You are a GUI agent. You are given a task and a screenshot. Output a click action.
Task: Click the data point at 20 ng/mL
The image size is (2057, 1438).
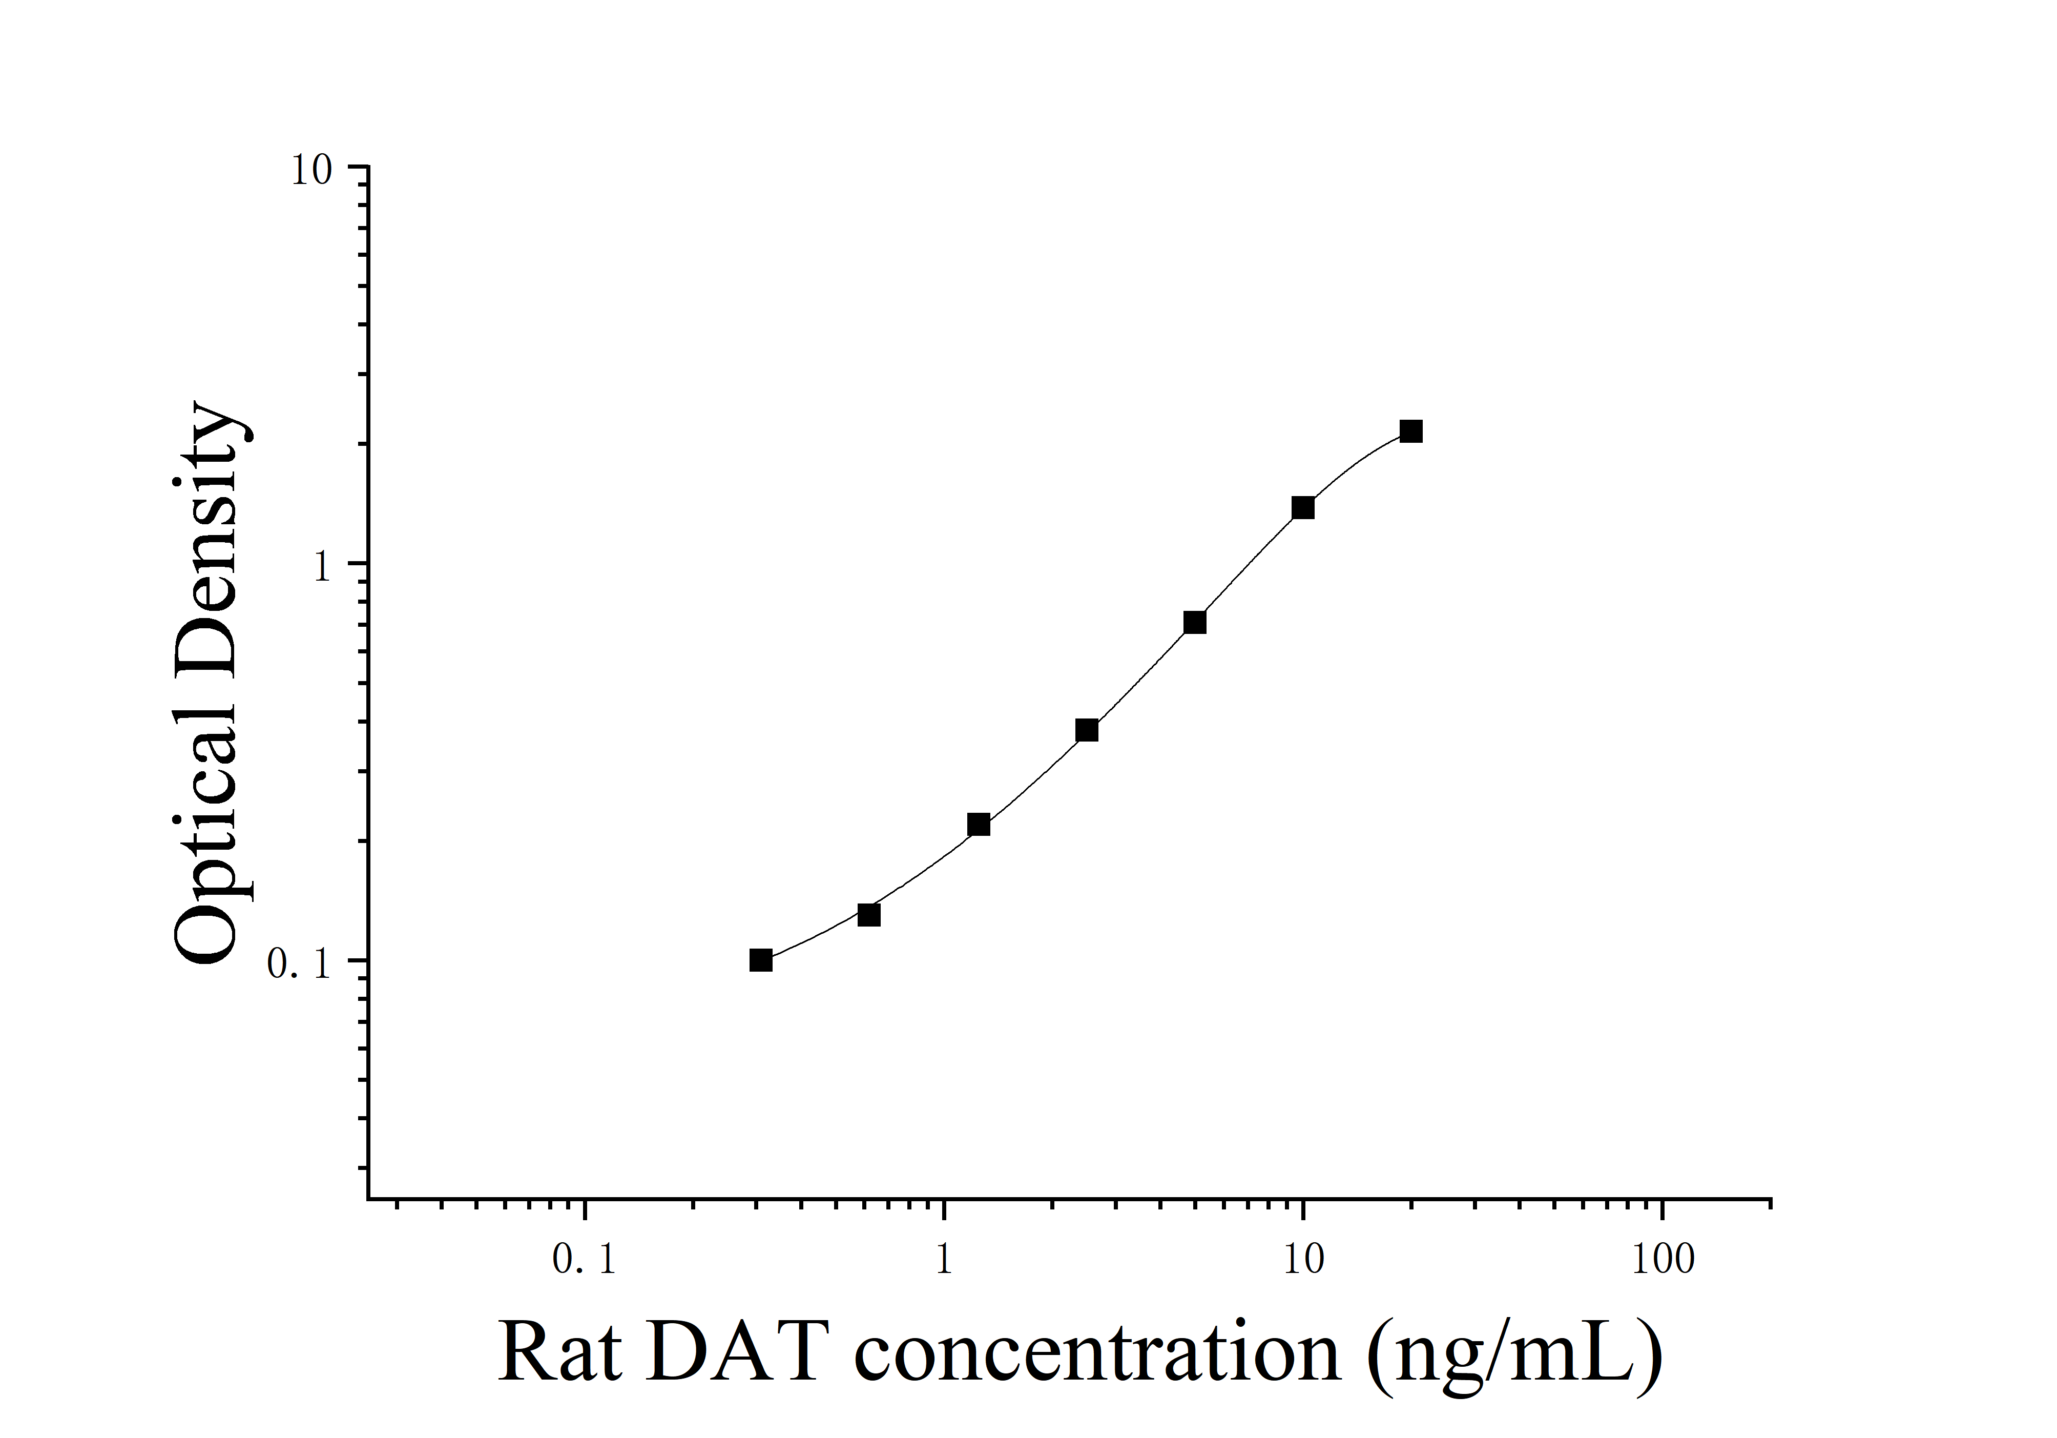(1411, 432)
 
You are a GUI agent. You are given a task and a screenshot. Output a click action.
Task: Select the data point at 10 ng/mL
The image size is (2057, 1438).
(1303, 508)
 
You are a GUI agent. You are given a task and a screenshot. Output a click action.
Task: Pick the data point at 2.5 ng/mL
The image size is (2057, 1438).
(1087, 730)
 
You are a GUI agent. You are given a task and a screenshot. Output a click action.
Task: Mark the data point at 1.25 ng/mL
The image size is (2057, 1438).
(979, 824)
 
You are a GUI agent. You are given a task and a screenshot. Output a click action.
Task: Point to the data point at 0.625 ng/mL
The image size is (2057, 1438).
(869, 915)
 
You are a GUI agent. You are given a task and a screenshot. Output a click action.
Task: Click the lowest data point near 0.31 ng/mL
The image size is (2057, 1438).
(761, 960)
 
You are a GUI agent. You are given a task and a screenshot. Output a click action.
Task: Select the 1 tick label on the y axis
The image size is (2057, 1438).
(323, 566)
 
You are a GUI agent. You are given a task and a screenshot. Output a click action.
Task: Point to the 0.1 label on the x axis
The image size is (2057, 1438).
(584, 1261)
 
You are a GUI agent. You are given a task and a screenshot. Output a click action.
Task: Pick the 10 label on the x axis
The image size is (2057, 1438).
(1303, 1261)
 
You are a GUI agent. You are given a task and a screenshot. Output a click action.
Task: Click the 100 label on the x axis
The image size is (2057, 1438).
(1663, 1261)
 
